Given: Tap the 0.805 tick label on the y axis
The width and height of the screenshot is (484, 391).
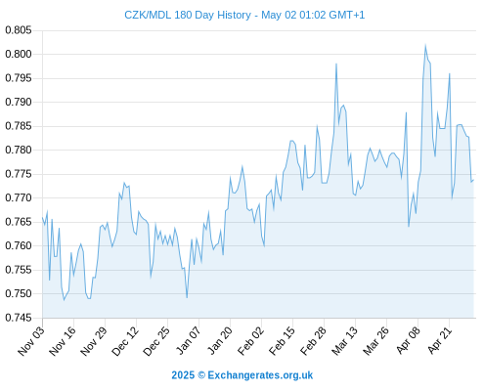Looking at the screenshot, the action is coord(19,30).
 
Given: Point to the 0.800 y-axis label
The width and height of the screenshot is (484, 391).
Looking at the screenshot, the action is coord(19,54).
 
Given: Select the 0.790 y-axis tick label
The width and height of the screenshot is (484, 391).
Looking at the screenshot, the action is coord(19,102).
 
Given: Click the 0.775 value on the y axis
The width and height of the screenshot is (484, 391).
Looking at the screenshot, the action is coord(19,174).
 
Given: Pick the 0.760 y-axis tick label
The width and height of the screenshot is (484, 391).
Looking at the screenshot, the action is coord(19,245).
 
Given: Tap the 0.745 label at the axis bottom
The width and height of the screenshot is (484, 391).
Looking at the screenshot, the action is coord(19,318).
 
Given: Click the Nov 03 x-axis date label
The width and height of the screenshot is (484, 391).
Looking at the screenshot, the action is coord(31,341).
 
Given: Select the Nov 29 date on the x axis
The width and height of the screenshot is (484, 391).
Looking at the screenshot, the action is coord(94,341).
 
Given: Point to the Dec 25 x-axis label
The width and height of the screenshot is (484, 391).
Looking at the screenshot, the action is coord(156,341).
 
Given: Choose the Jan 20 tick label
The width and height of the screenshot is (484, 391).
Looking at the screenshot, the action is coord(220,340).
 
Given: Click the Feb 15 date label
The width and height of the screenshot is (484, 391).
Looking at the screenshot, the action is coord(283,341).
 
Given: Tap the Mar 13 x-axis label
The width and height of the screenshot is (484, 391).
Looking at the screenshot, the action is coord(345,341).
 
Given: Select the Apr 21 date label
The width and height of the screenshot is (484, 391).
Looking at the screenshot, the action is coord(440,340).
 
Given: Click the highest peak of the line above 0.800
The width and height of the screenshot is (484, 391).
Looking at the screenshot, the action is coord(425,45).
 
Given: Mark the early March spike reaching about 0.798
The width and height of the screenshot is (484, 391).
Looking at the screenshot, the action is coord(336,64).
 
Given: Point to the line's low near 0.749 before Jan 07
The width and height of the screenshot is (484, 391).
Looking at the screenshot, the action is coord(187,297).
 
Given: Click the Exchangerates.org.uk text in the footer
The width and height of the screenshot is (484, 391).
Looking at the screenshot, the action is coord(260,375).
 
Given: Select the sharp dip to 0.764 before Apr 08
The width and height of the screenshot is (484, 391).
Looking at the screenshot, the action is coord(409,226).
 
